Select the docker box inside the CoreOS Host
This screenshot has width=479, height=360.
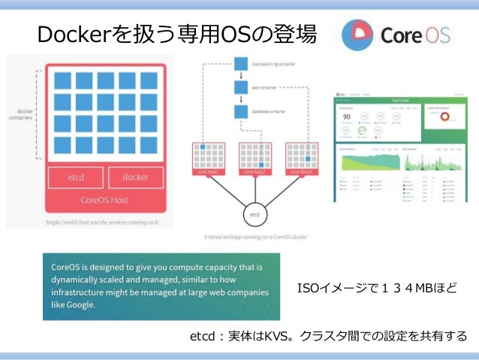(x=136, y=177)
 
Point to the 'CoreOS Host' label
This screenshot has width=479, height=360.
(x=104, y=201)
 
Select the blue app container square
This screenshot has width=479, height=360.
(x=241, y=88)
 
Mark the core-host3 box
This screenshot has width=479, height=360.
(x=301, y=159)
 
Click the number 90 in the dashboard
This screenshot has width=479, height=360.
(x=346, y=116)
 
